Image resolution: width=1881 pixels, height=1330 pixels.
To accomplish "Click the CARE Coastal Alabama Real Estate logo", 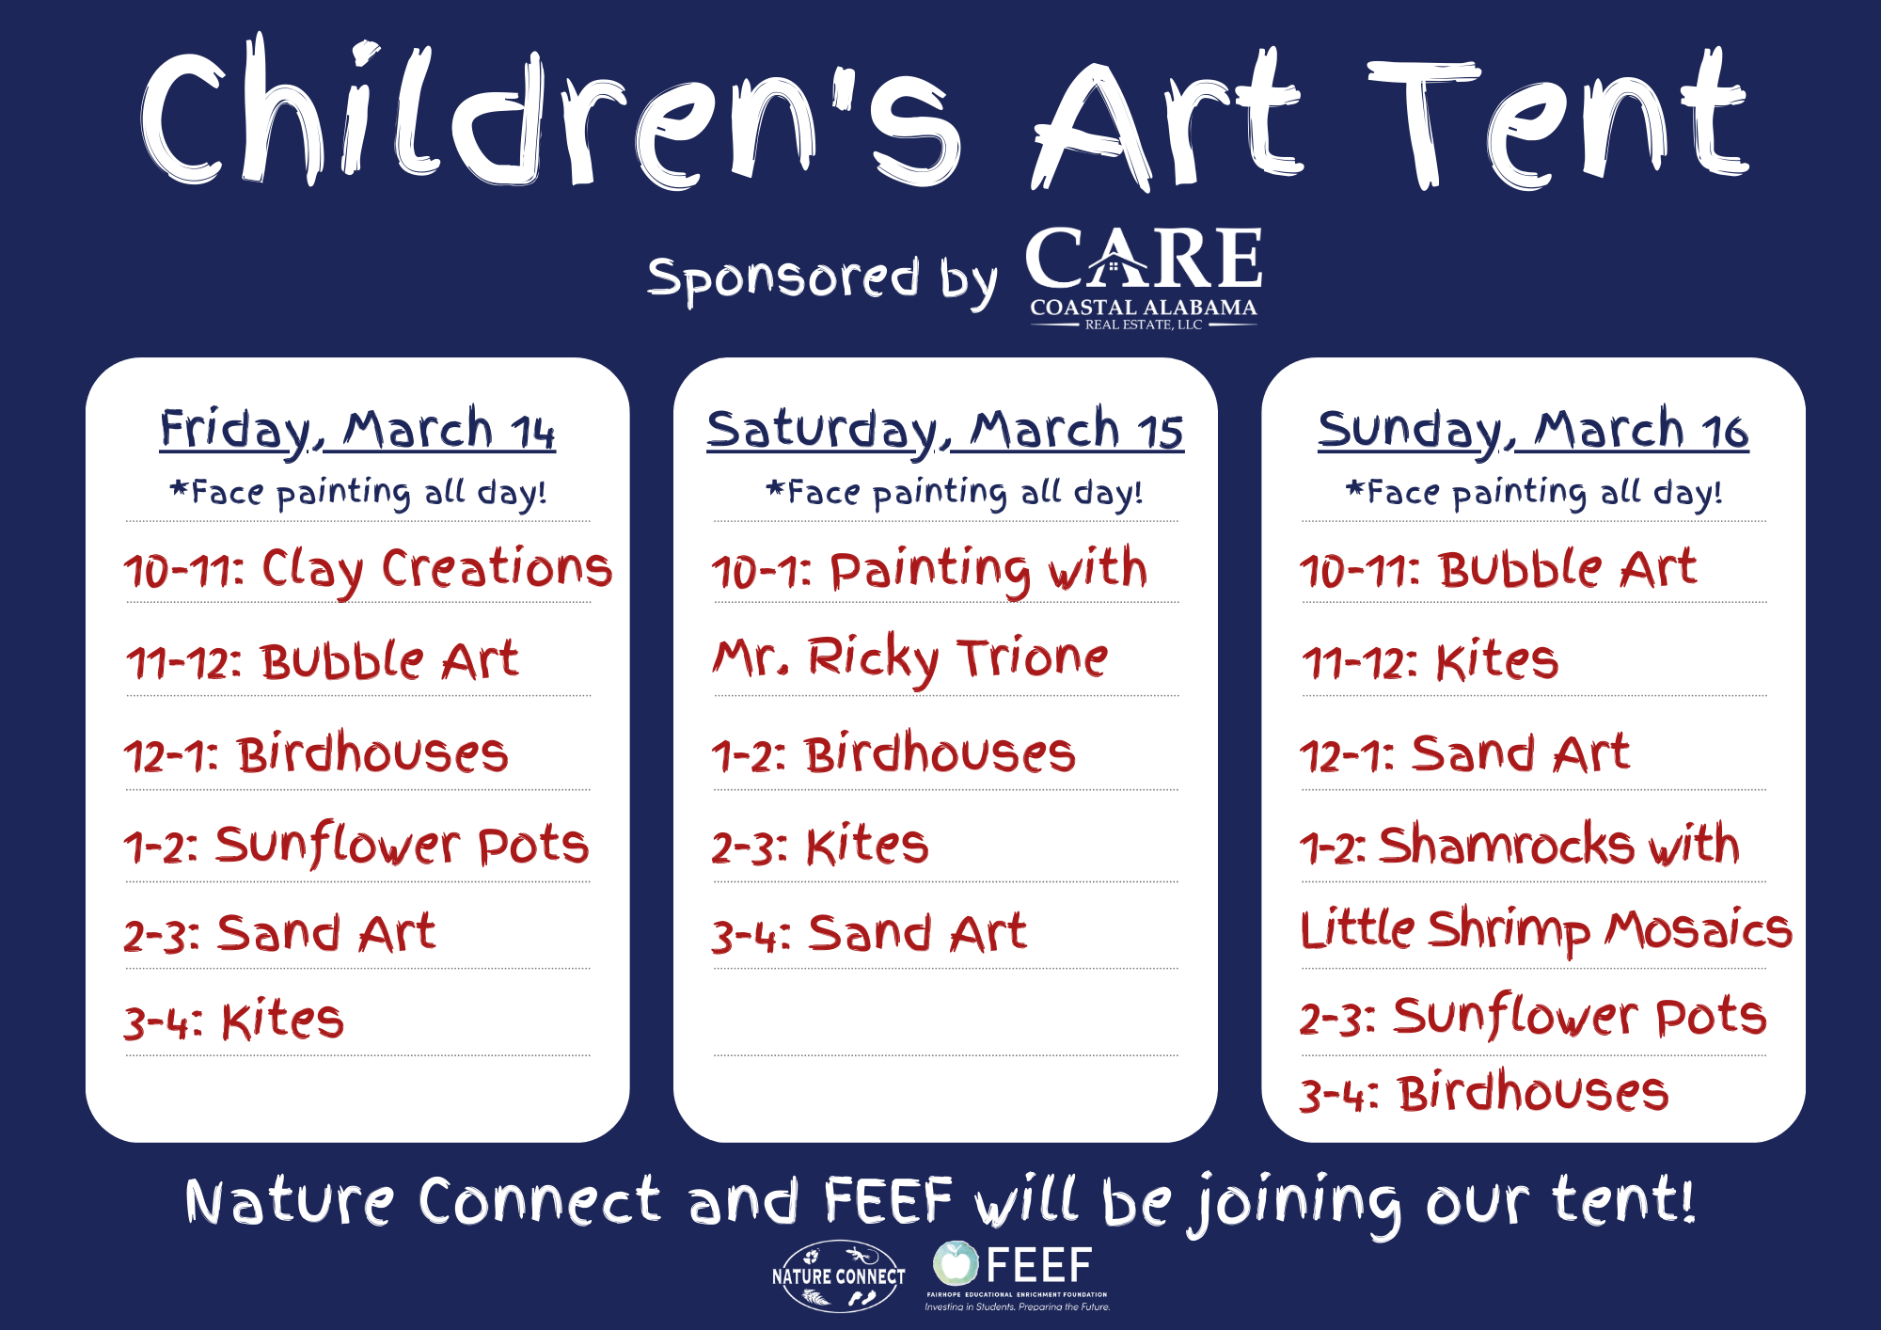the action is [x=1144, y=278].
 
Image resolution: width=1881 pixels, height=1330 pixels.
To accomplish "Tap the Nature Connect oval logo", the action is [x=838, y=1275].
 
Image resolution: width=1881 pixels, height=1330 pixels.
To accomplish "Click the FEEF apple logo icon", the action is [x=956, y=1263].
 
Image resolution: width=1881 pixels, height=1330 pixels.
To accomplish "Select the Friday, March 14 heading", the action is [x=357, y=431].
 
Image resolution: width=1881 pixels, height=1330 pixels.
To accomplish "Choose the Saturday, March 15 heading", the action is [x=945, y=431].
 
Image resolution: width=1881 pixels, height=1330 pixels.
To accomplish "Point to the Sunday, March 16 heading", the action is [x=1533, y=431].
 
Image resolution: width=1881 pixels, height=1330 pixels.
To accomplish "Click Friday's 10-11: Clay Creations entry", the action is [x=368, y=570].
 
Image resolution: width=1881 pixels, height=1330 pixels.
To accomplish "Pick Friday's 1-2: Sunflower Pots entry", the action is [x=356, y=844].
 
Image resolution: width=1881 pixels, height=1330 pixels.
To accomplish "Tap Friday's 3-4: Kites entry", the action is [x=234, y=1021].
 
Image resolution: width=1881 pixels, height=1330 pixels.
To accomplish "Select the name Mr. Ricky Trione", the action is [x=910, y=658].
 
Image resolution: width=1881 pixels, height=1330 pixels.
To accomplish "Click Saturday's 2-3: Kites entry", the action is [x=820, y=845].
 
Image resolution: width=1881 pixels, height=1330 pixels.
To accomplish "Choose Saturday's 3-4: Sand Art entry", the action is [x=869, y=933].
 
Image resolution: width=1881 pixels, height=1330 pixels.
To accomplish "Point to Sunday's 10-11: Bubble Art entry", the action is [x=1498, y=569].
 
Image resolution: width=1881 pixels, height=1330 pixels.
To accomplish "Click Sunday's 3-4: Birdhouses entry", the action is [x=1484, y=1093].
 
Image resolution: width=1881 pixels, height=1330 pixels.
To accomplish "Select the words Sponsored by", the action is [x=822, y=279].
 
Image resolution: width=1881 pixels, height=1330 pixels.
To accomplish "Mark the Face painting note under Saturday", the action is [x=955, y=492].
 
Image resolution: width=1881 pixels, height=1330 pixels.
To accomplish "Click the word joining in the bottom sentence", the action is [x=1298, y=1204].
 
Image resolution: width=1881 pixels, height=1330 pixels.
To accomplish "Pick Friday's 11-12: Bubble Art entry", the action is [x=322, y=661].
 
